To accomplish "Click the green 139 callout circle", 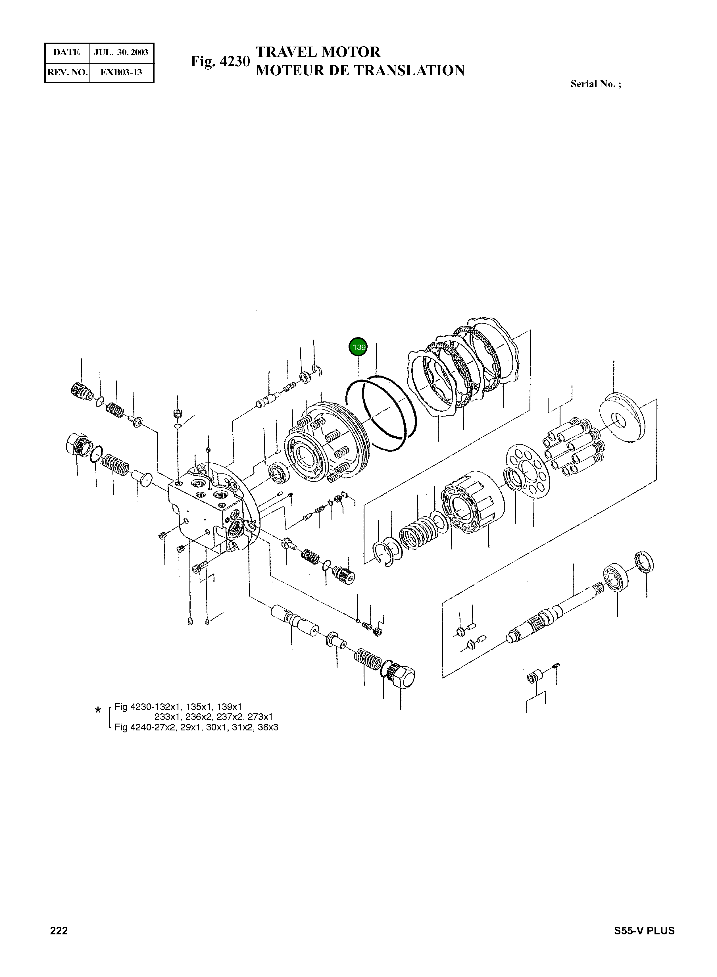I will [x=358, y=347].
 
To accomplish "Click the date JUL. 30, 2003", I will [x=121, y=53].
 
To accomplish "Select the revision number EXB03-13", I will [x=121, y=72].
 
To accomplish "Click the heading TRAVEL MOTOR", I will [x=318, y=52].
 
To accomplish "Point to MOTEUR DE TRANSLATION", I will [x=360, y=70].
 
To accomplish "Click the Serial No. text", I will [x=595, y=84].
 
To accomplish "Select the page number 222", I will [x=59, y=931].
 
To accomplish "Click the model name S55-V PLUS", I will [x=644, y=931].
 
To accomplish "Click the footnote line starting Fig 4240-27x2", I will [x=196, y=727].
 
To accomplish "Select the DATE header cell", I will [x=66, y=53].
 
